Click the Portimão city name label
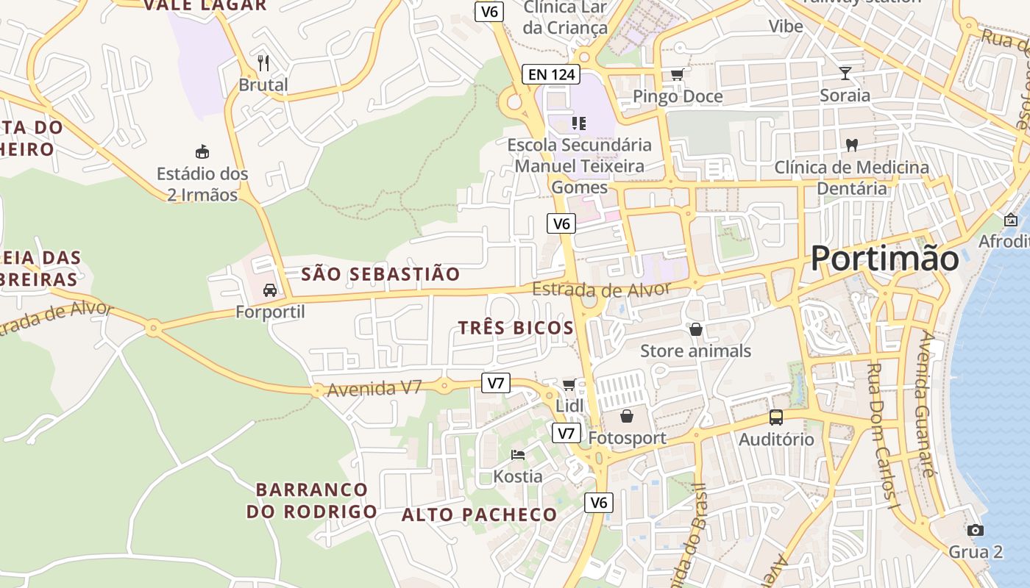[885, 259]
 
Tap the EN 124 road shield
[551, 74]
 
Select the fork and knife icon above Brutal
[263, 63]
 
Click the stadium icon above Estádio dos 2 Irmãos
[202, 152]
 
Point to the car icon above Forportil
[270, 290]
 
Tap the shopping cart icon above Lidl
[569, 384]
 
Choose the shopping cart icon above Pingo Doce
[677, 74]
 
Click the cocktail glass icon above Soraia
[845, 73]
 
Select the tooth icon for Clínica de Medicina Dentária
[852, 146]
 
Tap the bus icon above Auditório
[776, 417]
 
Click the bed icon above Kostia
[518, 455]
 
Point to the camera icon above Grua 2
[976, 530]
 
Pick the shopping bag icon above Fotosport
[627, 417]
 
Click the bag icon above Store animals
[696, 329]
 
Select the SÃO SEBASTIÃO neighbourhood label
[380, 274]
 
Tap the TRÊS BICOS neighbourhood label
[516, 328]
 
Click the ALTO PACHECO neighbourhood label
[479, 515]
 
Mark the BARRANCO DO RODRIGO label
[312, 501]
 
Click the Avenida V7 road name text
[374, 388]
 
